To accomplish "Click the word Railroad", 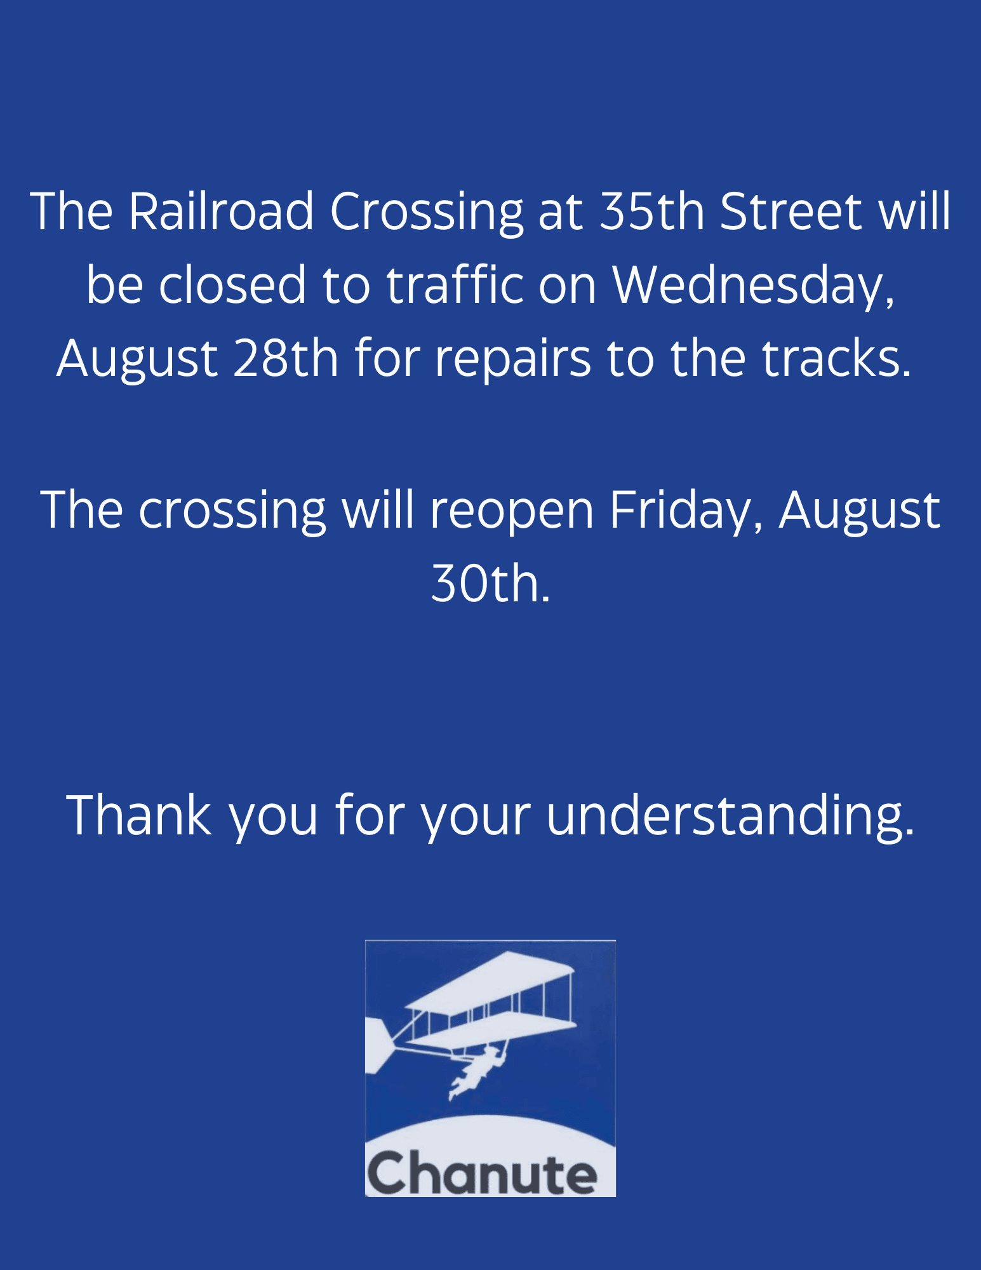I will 220,211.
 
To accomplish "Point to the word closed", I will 232,285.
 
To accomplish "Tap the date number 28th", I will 286,358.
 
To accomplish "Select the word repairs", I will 512,359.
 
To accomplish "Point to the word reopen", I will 512,512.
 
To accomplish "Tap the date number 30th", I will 490,584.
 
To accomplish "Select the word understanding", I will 730,817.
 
